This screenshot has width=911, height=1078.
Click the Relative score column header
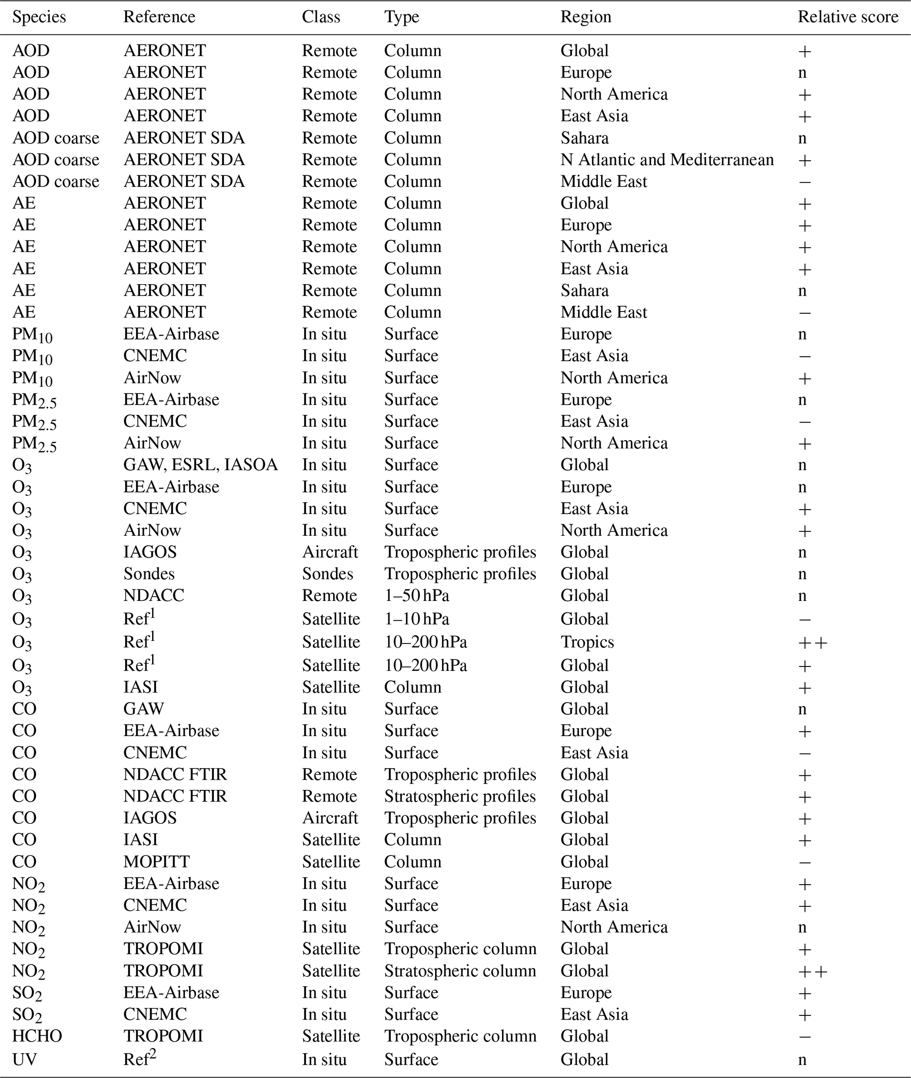(x=848, y=17)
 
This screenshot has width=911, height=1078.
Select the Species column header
(x=39, y=17)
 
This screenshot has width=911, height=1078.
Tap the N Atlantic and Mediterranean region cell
(x=667, y=160)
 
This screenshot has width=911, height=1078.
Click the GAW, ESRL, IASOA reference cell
(x=201, y=465)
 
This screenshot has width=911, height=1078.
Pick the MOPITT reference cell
(x=156, y=862)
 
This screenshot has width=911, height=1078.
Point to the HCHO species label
(x=37, y=1036)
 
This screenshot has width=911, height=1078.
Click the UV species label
(x=24, y=1059)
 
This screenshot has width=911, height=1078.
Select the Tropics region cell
(x=587, y=642)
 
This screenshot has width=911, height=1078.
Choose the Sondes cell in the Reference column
(x=149, y=574)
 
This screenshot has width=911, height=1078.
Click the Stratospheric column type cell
(x=460, y=971)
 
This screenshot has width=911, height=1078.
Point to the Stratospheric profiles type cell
(x=460, y=796)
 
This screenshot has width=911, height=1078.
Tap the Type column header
(x=401, y=17)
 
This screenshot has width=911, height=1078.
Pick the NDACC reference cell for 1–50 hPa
(x=153, y=596)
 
